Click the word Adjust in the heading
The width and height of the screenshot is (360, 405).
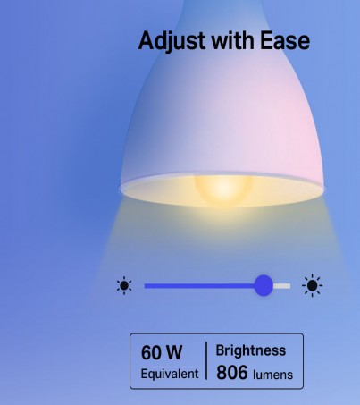[x=172, y=41]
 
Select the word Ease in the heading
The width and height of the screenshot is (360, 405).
[x=285, y=40]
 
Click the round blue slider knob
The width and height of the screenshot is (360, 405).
[x=264, y=285]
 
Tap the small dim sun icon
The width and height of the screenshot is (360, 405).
[x=124, y=285]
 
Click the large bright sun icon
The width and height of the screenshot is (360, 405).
[x=312, y=285]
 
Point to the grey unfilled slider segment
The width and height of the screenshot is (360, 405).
[x=281, y=286]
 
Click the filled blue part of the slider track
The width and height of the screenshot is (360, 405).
[x=199, y=286]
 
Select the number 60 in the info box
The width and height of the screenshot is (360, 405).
[x=151, y=352]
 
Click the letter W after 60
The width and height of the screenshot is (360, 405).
[x=174, y=352]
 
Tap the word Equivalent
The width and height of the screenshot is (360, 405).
[x=170, y=374]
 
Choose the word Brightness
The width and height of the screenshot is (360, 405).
[x=251, y=350]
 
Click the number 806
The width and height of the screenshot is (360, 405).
[x=232, y=373]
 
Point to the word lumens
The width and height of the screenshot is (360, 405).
[x=273, y=375]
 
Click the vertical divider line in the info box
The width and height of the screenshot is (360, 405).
[x=206, y=360]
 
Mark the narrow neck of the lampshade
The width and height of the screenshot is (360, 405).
[x=222, y=12]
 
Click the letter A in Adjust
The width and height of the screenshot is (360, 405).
[x=147, y=40]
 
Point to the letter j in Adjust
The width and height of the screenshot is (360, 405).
[x=173, y=42]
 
